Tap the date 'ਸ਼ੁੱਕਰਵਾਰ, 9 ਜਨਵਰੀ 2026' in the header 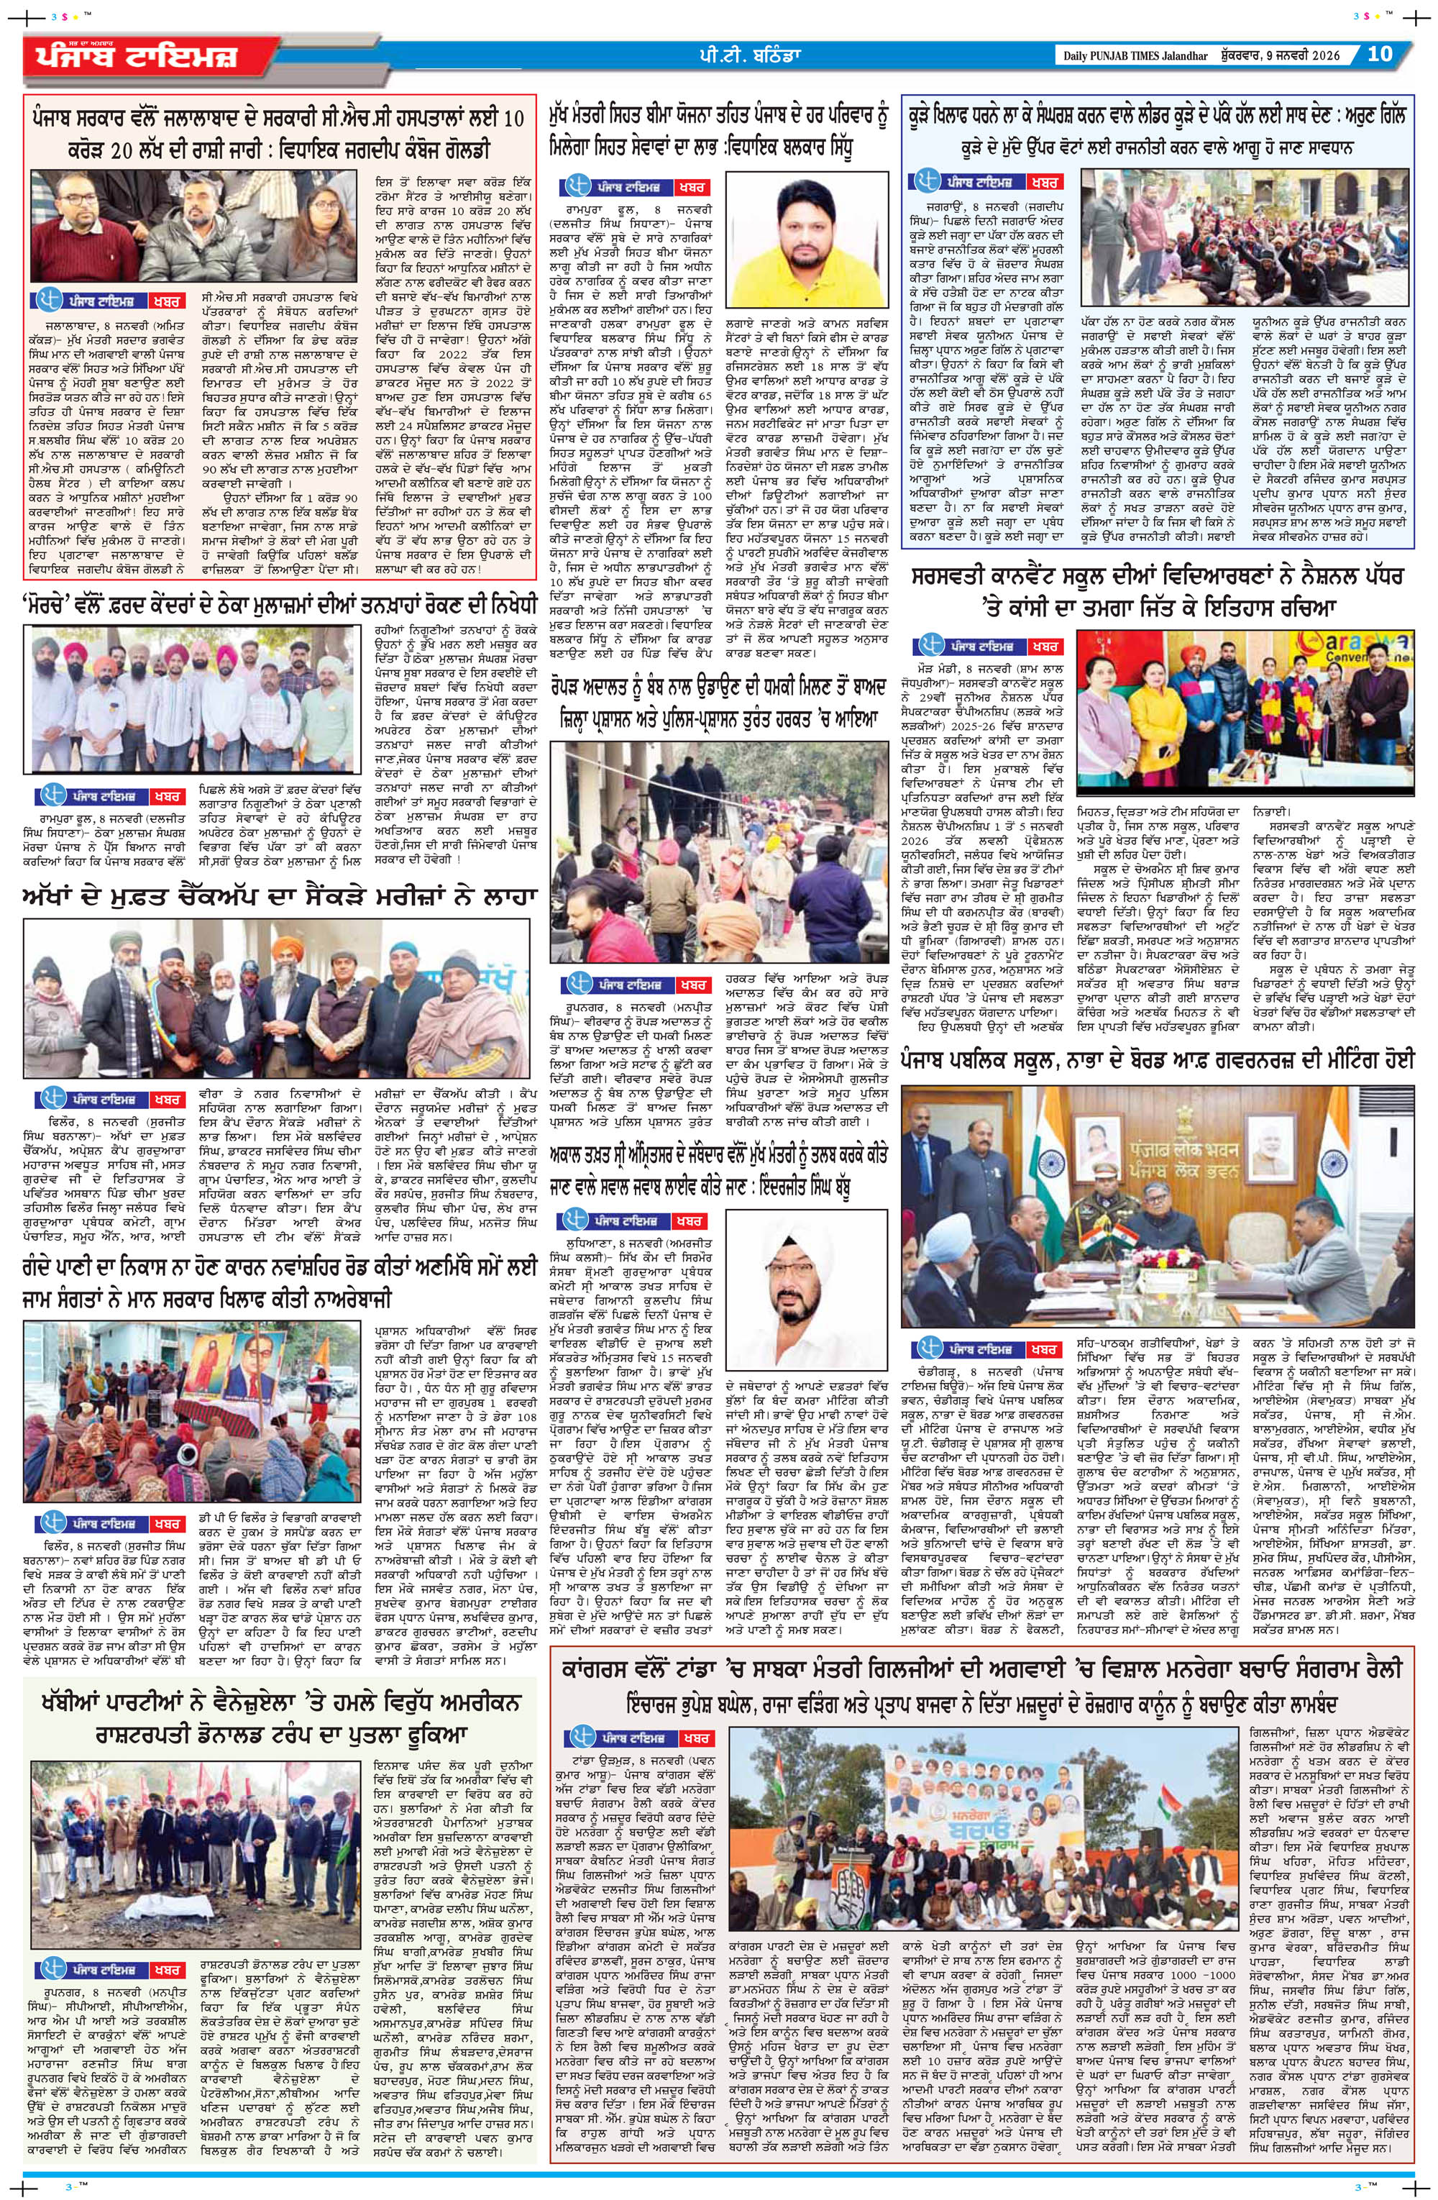tap(1289, 55)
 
